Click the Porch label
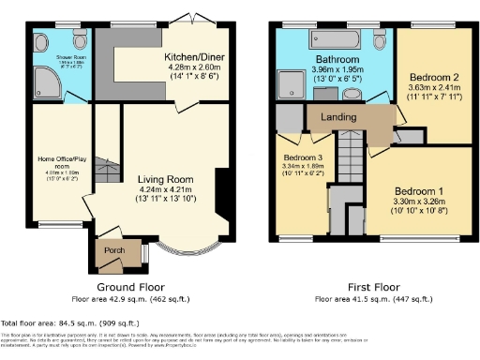(x=116, y=251)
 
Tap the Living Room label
(x=165, y=179)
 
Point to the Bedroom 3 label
(x=304, y=157)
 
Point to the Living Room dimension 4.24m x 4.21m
(x=165, y=189)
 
